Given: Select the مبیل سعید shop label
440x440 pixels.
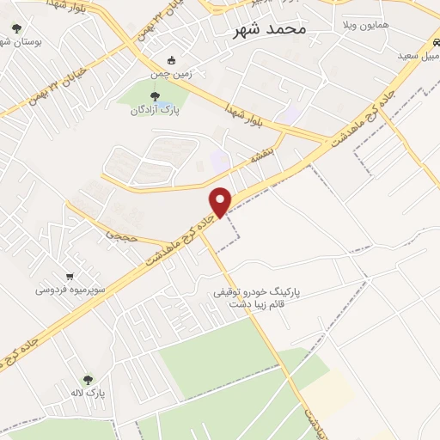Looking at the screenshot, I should (418, 56).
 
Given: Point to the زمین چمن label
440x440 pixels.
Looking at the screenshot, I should (170, 75).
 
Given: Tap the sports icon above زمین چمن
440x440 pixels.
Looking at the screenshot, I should (171, 60).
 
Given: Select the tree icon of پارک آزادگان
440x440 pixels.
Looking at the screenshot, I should (154, 96).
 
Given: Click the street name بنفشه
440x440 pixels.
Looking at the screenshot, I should (260, 158).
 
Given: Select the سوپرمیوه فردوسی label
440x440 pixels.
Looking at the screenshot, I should (70, 290).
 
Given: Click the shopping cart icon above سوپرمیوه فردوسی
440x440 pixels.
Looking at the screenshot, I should (70, 277).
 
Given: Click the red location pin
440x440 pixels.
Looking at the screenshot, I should (221, 201).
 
